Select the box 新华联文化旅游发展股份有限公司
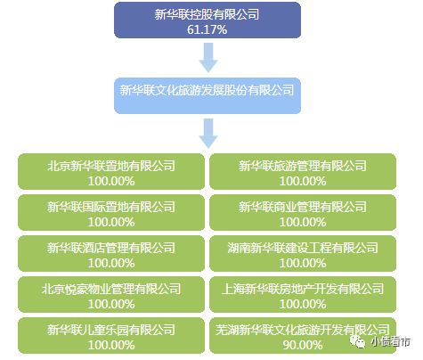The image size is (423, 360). pos(207,91)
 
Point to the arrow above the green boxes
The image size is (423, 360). pos(208,134)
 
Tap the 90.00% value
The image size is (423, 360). pos(302,344)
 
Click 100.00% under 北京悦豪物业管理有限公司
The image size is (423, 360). pos(111,303)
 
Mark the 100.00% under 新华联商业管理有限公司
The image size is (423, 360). pos(302,222)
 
